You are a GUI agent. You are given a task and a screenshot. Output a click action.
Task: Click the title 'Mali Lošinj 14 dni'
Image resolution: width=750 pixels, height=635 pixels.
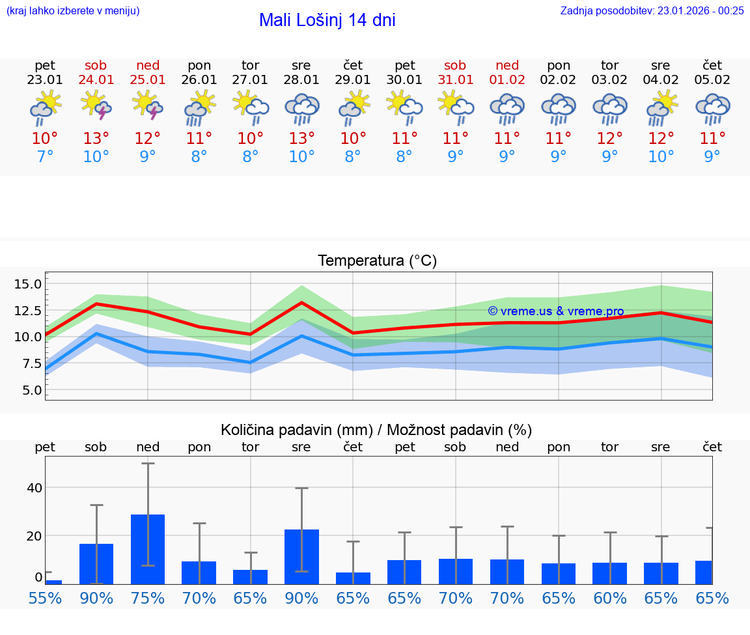tap(327, 20)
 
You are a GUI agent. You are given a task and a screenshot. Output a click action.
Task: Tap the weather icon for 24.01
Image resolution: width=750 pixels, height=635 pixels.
tap(96, 106)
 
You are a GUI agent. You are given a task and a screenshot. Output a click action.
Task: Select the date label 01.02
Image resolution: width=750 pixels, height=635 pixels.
tap(507, 80)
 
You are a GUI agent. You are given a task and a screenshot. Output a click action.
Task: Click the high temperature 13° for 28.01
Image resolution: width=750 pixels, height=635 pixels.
tap(301, 138)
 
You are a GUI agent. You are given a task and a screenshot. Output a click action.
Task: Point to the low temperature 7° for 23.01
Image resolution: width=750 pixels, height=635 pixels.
tap(45, 156)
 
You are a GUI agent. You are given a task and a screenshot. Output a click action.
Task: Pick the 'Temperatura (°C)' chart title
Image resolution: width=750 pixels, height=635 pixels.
tap(377, 261)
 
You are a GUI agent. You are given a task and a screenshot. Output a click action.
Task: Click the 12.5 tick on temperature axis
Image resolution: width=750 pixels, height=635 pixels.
tap(28, 311)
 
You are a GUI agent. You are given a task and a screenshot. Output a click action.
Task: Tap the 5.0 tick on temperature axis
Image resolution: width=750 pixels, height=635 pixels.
tap(28, 390)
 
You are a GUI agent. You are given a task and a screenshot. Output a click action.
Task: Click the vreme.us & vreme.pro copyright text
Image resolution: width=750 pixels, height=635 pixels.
tap(555, 311)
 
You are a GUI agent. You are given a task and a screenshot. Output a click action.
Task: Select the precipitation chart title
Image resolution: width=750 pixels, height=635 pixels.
tap(376, 430)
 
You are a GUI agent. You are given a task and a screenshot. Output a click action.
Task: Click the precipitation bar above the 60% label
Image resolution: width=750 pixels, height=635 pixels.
tap(610, 573)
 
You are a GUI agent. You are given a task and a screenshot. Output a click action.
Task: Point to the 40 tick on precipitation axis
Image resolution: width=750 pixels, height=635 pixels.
tap(35, 487)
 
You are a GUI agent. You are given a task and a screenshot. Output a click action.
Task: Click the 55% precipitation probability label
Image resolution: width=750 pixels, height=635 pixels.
tap(45, 598)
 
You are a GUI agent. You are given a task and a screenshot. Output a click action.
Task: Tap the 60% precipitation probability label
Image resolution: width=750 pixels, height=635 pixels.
tap(610, 598)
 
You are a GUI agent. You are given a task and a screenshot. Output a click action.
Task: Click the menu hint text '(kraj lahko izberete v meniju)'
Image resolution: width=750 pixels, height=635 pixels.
tap(73, 10)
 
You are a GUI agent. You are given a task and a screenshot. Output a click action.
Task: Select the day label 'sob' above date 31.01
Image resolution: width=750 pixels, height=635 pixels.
tap(455, 65)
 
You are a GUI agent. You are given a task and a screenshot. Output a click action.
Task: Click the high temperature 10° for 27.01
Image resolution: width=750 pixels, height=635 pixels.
tap(250, 138)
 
